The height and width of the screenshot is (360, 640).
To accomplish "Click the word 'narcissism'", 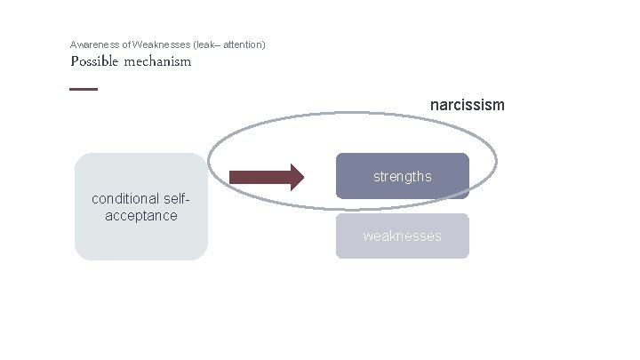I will pyautogui.click(x=467, y=105).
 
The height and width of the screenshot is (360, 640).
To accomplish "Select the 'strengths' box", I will pyautogui.click(x=402, y=176).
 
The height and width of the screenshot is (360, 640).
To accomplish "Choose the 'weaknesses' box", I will pyautogui.click(x=402, y=236).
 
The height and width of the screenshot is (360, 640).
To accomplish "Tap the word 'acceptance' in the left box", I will pyautogui.click(x=140, y=215).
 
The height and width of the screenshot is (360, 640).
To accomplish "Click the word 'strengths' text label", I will pyautogui.click(x=402, y=176).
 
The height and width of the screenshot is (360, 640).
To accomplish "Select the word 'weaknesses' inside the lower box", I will pyautogui.click(x=402, y=236).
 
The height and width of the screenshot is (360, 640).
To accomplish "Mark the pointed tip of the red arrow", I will pyautogui.click(x=302, y=177).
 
